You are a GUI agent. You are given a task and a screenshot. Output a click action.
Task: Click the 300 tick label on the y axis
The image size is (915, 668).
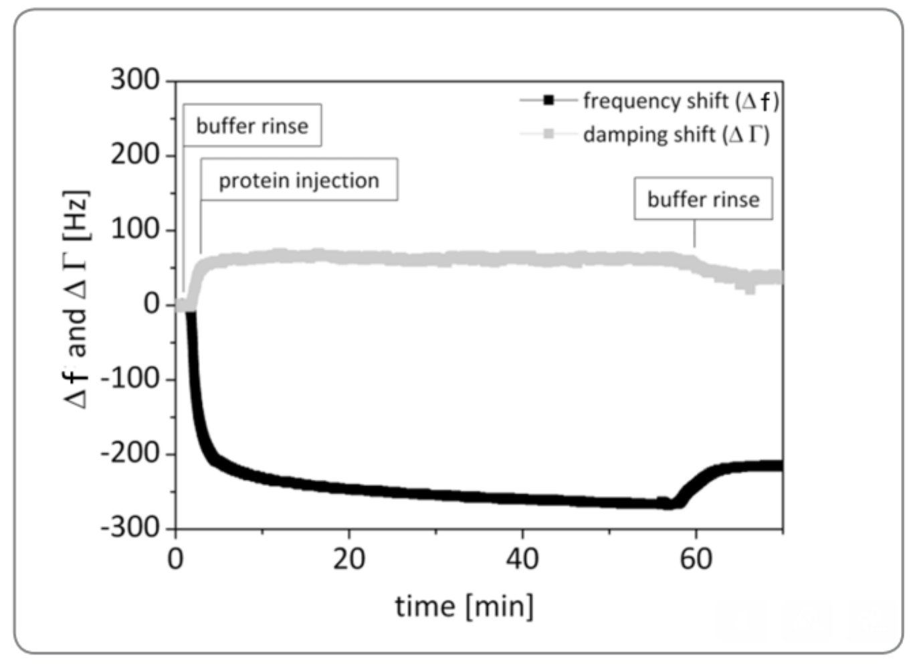(135, 80)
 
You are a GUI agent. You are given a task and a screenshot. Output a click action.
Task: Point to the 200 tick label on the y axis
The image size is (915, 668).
(135, 155)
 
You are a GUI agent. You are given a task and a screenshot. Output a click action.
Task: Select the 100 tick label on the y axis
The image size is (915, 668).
(135, 230)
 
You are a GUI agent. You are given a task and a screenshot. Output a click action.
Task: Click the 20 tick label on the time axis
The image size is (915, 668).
(349, 558)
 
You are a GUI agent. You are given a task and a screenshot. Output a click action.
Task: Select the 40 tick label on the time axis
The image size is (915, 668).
(522, 558)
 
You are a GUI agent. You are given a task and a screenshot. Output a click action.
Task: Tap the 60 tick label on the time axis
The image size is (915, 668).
(696, 558)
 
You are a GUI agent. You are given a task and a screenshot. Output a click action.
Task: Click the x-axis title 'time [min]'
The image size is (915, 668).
(464, 606)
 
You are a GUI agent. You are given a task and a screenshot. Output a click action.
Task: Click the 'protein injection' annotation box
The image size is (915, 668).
(299, 180)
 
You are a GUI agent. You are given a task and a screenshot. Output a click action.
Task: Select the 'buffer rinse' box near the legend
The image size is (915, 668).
(703, 199)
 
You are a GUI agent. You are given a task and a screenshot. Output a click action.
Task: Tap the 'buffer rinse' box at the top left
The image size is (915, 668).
(252, 126)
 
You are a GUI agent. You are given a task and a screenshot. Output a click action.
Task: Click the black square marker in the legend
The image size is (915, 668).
(548, 101)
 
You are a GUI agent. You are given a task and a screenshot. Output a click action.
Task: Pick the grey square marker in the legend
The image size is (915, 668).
(548, 135)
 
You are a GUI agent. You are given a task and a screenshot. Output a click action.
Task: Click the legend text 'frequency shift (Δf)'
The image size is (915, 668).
(680, 101)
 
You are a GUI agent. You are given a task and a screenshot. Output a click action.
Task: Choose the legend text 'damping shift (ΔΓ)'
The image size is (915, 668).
(676, 135)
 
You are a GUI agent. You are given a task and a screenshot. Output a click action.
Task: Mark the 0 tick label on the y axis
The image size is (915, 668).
(152, 304)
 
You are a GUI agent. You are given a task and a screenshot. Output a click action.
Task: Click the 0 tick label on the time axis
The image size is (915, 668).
(175, 558)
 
